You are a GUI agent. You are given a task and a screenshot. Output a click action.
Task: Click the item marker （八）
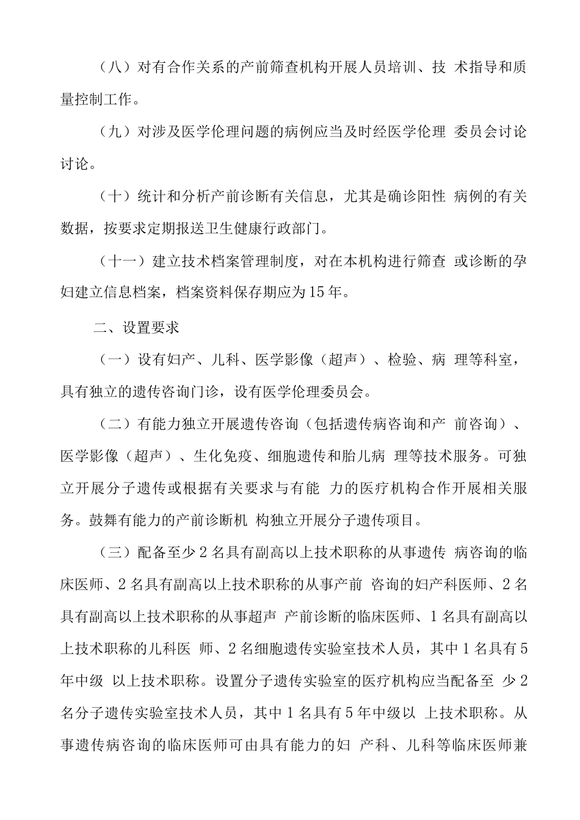click(x=115, y=67)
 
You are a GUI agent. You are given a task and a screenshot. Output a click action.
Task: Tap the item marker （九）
click(x=115, y=132)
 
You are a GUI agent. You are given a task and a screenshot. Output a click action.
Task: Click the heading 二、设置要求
click(x=136, y=328)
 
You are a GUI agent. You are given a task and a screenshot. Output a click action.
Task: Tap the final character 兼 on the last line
click(x=521, y=746)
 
